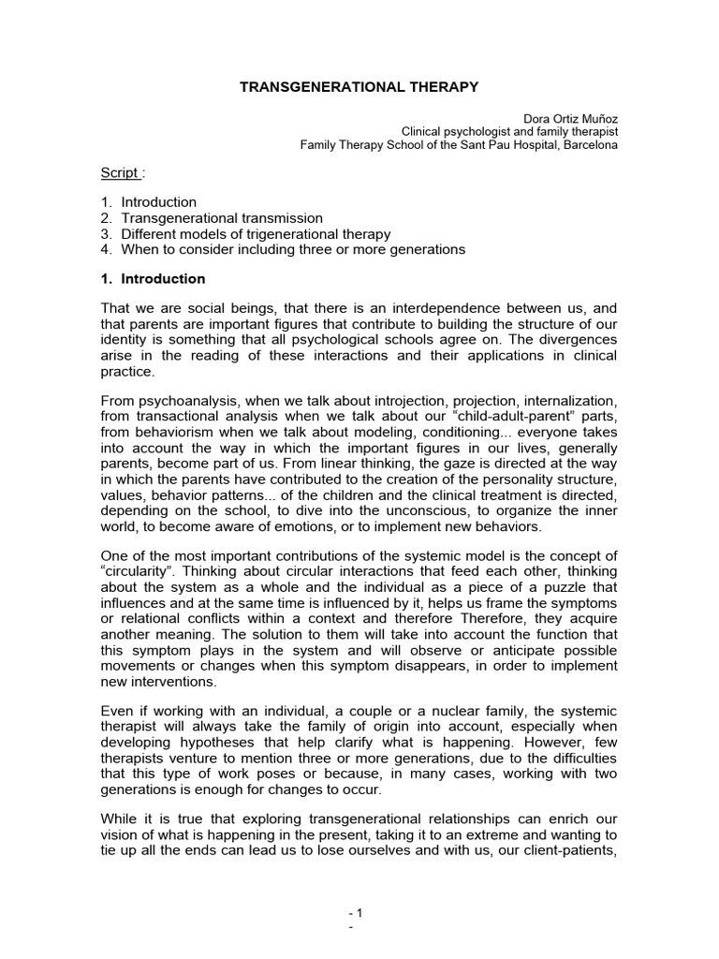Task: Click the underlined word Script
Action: click(x=119, y=173)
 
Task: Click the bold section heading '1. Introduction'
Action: click(x=153, y=279)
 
